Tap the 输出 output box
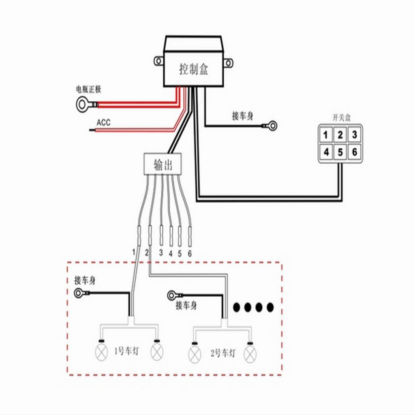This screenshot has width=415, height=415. coord(163,165)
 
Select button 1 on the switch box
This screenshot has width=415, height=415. coord(326,135)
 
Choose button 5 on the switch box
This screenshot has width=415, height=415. coord(340,152)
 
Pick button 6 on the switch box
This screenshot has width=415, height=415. coord(355,152)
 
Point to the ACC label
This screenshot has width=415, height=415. coord(103,122)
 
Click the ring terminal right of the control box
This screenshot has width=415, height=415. coord(273,126)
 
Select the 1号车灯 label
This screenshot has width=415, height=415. coord(127,351)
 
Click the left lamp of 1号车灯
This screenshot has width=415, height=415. coord(101,352)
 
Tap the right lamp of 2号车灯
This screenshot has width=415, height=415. coord(250,354)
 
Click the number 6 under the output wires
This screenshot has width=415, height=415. coord(189,253)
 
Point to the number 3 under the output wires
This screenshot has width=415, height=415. coord(161,253)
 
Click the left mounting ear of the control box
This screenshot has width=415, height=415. coord(158,61)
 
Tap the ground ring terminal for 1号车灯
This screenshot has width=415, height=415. coord(78,293)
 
